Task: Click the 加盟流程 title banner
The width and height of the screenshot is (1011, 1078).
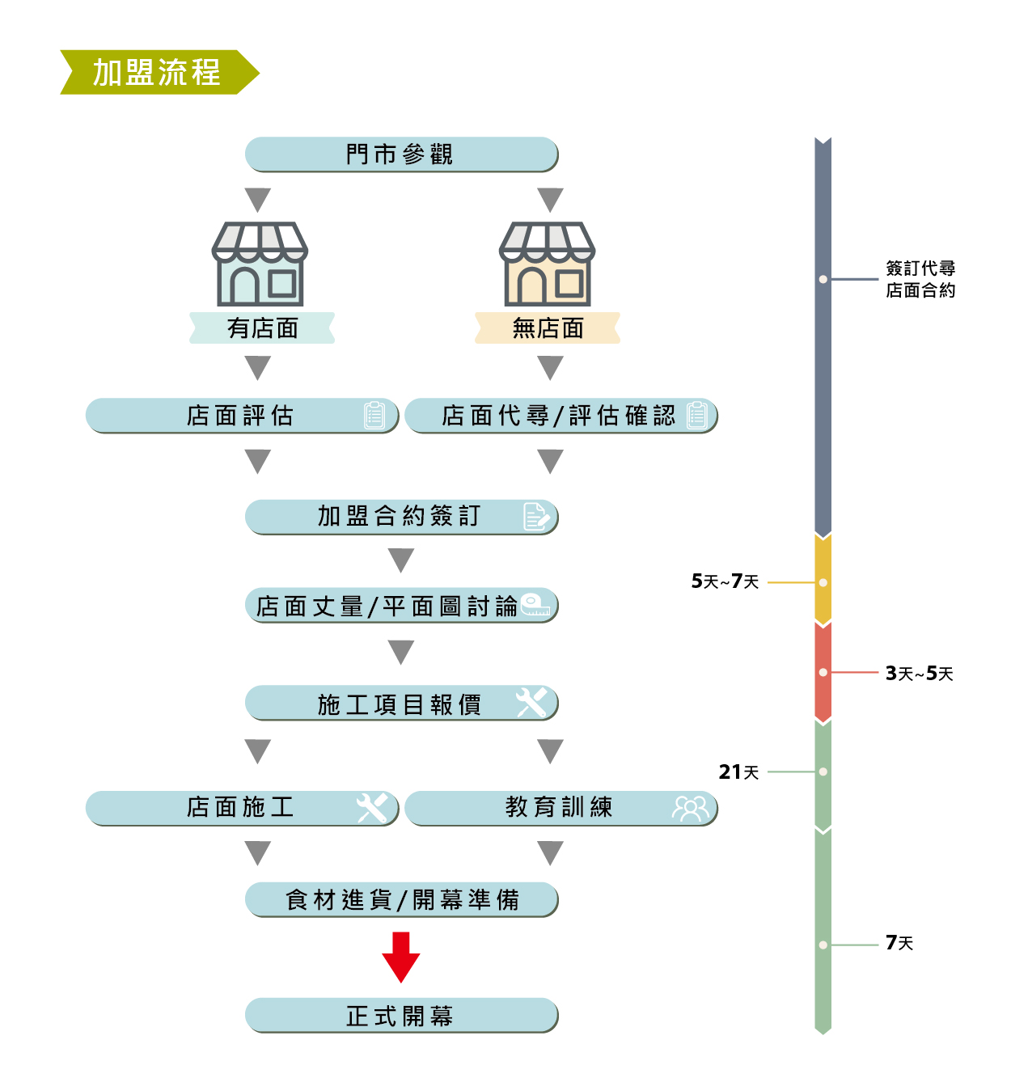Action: click(x=158, y=73)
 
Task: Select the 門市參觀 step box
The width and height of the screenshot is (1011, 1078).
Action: click(x=401, y=154)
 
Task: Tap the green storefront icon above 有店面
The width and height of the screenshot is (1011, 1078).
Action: click(x=260, y=264)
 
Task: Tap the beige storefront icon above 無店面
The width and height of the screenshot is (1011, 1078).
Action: click(x=548, y=264)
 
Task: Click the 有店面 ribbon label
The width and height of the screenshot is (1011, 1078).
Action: click(x=262, y=328)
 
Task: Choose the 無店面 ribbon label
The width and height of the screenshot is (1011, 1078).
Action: click(x=548, y=328)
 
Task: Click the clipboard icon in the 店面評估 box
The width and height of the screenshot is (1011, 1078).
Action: click(x=374, y=415)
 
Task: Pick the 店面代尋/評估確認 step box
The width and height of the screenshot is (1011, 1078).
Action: click(x=560, y=416)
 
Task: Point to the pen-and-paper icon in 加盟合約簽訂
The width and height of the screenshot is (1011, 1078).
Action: click(x=536, y=516)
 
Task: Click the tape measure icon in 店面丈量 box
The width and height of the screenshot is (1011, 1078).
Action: click(x=535, y=604)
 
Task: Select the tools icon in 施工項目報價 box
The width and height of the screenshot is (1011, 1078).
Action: click(x=532, y=702)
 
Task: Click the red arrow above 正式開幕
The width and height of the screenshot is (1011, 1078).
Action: click(x=401, y=957)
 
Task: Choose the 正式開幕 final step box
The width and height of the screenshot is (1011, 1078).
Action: click(x=401, y=1016)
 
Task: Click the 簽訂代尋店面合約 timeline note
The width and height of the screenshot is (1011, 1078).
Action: click(x=920, y=279)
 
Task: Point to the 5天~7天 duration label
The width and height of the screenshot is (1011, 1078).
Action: click(x=725, y=581)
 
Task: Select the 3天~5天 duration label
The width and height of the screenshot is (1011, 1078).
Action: click(x=919, y=674)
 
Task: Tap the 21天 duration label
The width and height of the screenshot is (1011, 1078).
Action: click(x=738, y=772)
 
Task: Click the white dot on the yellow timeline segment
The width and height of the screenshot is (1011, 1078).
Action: click(x=823, y=582)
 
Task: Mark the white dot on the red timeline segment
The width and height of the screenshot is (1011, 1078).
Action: click(x=823, y=673)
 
